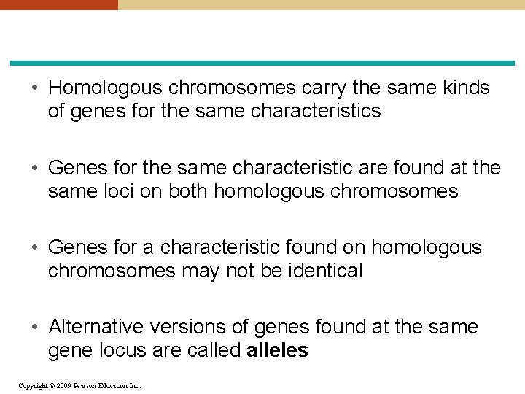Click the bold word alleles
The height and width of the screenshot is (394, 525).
277,351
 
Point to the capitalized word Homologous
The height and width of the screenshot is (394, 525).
106,88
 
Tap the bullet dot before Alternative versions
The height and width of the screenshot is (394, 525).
35,328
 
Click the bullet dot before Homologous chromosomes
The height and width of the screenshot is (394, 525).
35,88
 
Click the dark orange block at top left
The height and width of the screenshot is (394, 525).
58,4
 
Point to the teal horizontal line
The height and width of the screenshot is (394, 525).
262,63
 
